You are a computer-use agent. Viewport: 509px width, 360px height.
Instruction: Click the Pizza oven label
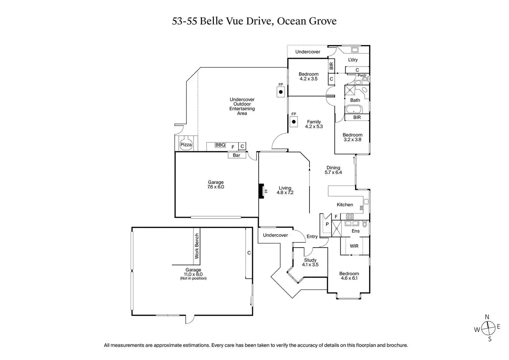pos(186,145)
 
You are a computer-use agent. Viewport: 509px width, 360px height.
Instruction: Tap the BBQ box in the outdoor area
pos(220,145)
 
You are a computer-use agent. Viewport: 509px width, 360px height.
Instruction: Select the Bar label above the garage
pos(237,155)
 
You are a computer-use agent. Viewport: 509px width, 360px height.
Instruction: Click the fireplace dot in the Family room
pos(294,122)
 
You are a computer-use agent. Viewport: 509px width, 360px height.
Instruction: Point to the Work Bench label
pos(197,246)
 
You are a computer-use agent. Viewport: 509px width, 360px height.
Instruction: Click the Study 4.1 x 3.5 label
pos(310,262)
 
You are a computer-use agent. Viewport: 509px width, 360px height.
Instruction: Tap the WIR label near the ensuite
pos(354,246)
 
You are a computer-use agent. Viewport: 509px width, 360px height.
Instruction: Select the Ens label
pos(355,231)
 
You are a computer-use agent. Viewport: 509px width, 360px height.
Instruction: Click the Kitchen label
pos(345,205)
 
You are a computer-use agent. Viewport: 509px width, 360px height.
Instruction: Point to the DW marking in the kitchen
pos(361,208)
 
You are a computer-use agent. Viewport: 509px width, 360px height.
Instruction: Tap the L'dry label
pos(353,60)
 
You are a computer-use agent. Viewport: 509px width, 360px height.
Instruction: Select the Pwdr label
pos(362,75)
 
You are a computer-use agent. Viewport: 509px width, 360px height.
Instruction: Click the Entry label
pos(312,237)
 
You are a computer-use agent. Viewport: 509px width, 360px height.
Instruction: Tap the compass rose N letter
pos(487,317)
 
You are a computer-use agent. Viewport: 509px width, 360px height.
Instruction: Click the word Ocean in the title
pos(292,21)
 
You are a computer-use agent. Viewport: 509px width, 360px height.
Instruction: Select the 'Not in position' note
pos(193,278)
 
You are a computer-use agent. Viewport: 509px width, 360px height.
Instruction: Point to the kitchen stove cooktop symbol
pos(350,217)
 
